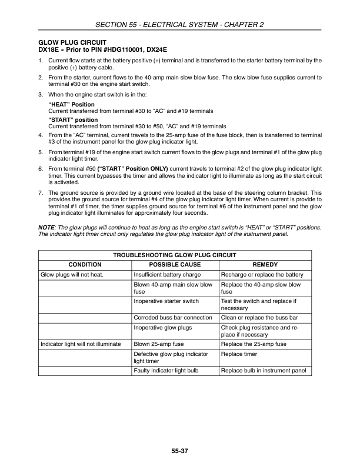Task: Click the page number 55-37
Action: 179,451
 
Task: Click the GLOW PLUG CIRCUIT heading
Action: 72,42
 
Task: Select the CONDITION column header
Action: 85,265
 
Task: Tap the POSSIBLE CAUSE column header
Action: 175,265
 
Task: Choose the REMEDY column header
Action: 265,265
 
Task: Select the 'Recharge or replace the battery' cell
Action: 262,275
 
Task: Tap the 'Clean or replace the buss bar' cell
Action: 260,318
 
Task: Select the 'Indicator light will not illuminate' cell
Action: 81,344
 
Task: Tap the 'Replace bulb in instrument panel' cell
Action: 264,371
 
